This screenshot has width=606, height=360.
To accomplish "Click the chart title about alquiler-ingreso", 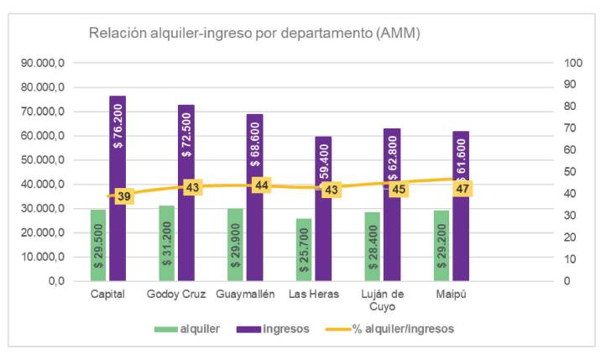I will (254, 34).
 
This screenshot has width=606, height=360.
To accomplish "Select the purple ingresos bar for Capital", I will (118, 235).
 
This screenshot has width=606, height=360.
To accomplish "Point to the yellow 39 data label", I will (124, 196).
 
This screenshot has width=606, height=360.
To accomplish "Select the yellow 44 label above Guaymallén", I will (262, 185).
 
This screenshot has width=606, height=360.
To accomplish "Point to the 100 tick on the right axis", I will (574, 63).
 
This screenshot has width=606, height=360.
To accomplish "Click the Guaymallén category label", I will (244, 295).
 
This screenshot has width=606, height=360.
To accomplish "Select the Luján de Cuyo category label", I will (382, 300).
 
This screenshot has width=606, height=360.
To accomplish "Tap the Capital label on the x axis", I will (107, 295).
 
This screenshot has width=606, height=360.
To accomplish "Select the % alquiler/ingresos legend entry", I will (400, 329).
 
